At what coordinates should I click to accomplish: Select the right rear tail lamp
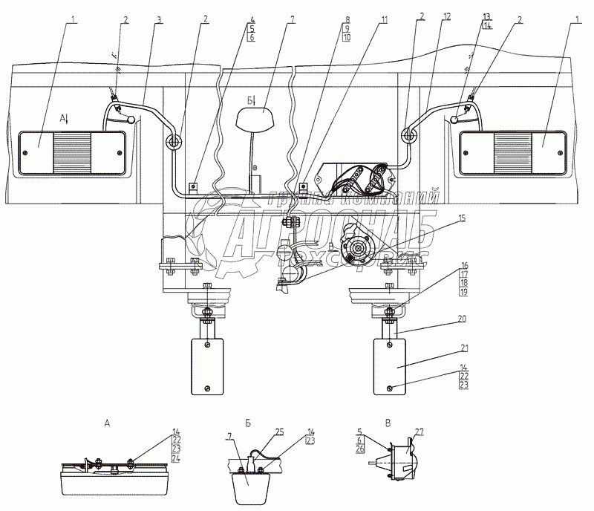pyautogui.click(x=514, y=152)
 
